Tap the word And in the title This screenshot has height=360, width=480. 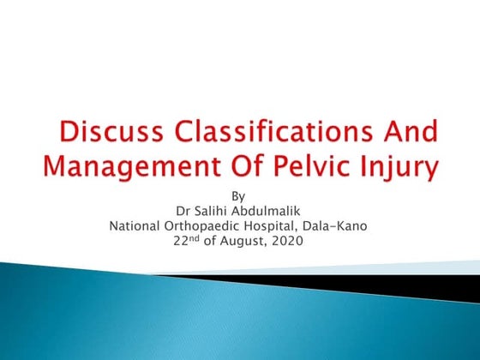pyautogui.click(x=415, y=135)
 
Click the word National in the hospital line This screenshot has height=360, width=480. pyautogui.click(x=138, y=226)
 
